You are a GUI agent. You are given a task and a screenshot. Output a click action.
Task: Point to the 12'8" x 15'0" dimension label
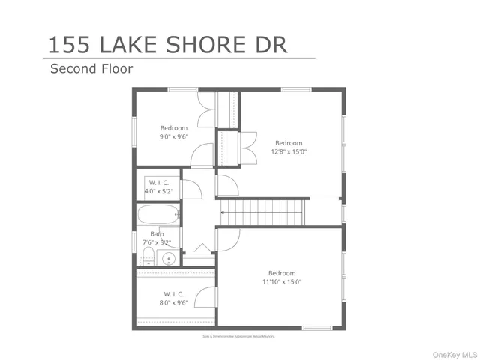[x=289, y=152]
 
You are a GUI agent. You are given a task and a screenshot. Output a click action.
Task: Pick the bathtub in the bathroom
[x=158, y=215]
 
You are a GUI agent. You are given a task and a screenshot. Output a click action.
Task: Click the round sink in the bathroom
[x=169, y=259]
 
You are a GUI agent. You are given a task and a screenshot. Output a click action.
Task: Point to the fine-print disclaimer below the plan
[x=239, y=337]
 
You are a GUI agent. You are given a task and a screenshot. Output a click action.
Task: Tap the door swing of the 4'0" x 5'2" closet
[x=192, y=190]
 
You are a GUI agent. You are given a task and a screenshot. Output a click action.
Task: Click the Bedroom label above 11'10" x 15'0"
[x=282, y=272]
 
